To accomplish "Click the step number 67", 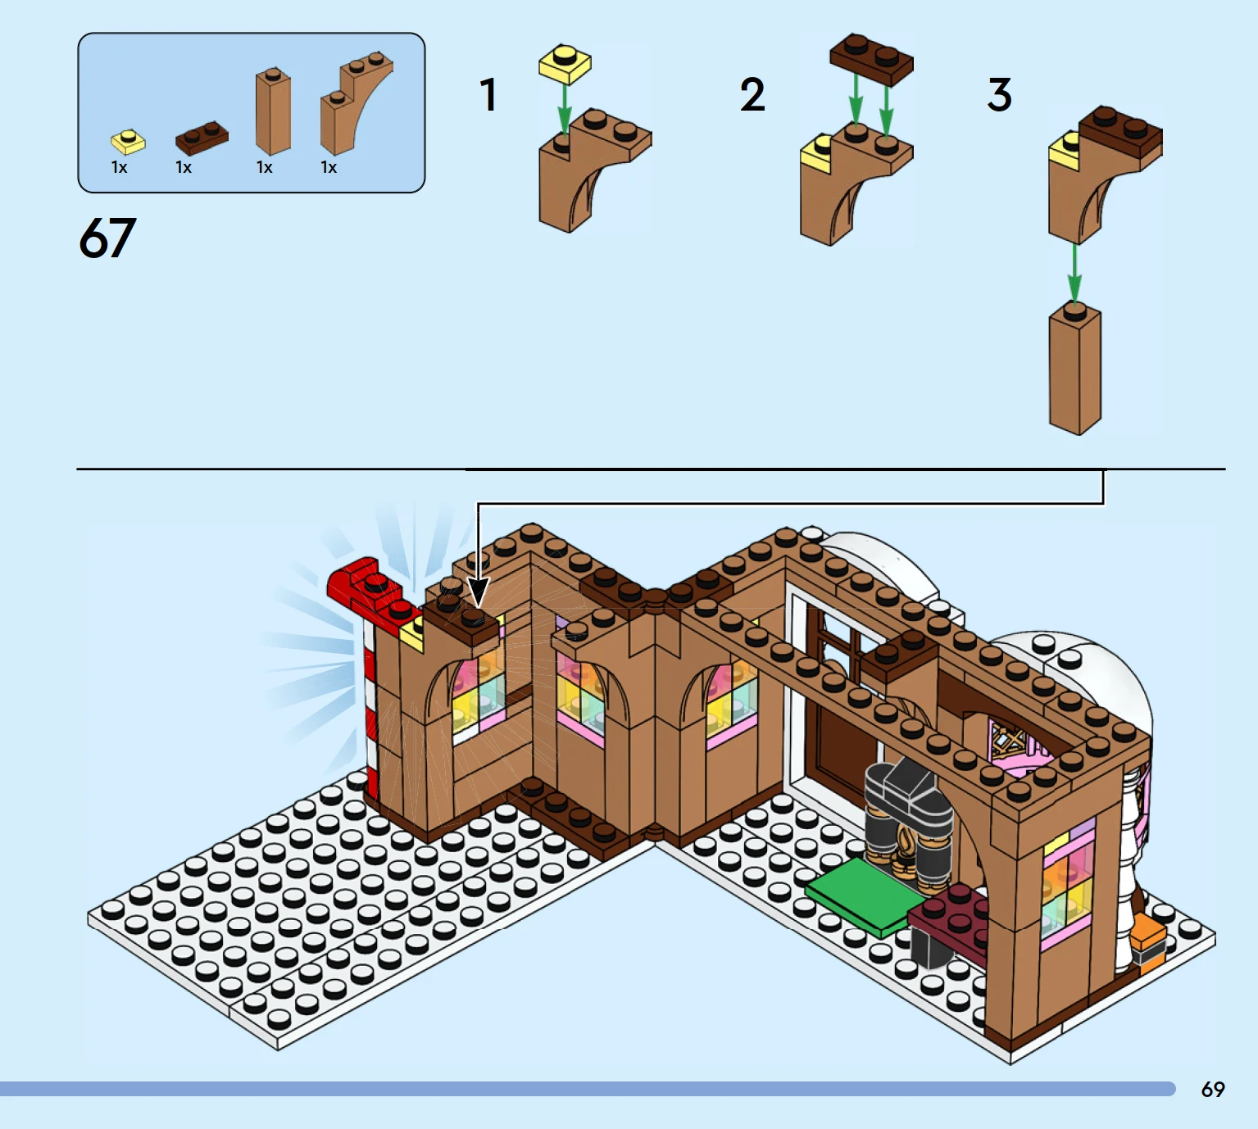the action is click(107, 238).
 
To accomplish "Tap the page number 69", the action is click(1213, 1090).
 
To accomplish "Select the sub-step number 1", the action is click(488, 95).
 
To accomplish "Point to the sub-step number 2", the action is click(752, 95).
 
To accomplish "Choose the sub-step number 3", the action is click(1000, 95).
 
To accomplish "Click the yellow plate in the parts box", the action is click(128, 142).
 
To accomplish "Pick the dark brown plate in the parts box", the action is click(202, 138).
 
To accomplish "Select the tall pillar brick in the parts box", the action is click(273, 111).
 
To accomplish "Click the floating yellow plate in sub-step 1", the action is click(565, 63).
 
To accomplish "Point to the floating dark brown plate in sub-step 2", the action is click(871, 59).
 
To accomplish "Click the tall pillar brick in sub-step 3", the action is click(1074, 369).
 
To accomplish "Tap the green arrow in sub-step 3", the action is click(1074, 273).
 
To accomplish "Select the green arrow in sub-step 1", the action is click(565, 109).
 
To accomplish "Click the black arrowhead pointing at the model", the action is click(478, 592).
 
